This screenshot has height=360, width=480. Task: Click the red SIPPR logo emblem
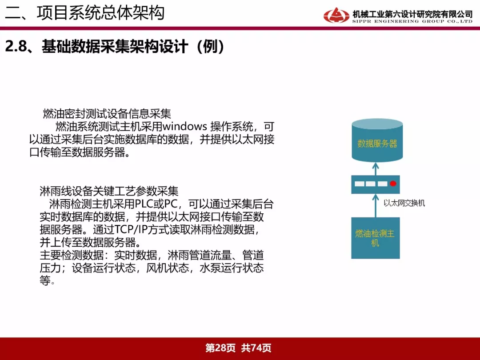[336, 15]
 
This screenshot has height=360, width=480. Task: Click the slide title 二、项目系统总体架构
[85, 13]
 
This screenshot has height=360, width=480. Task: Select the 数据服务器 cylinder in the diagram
[377, 140]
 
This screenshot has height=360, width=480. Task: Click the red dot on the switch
[393, 184]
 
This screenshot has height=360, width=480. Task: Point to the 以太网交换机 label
[404, 203]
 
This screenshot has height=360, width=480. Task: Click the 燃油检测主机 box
[375, 238]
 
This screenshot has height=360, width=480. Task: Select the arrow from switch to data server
[376, 169]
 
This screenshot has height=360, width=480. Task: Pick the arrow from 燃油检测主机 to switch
[376, 205]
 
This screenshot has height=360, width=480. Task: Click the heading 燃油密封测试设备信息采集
[107, 114]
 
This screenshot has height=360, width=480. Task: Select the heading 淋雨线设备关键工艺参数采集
[109, 191]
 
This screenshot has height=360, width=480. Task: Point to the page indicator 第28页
[220, 348]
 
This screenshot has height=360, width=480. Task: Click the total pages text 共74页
[256, 348]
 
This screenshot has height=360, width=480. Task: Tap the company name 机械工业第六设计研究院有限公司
[412, 14]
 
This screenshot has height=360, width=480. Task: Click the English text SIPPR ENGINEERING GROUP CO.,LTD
[412, 21]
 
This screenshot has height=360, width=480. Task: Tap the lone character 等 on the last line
[45, 280]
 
